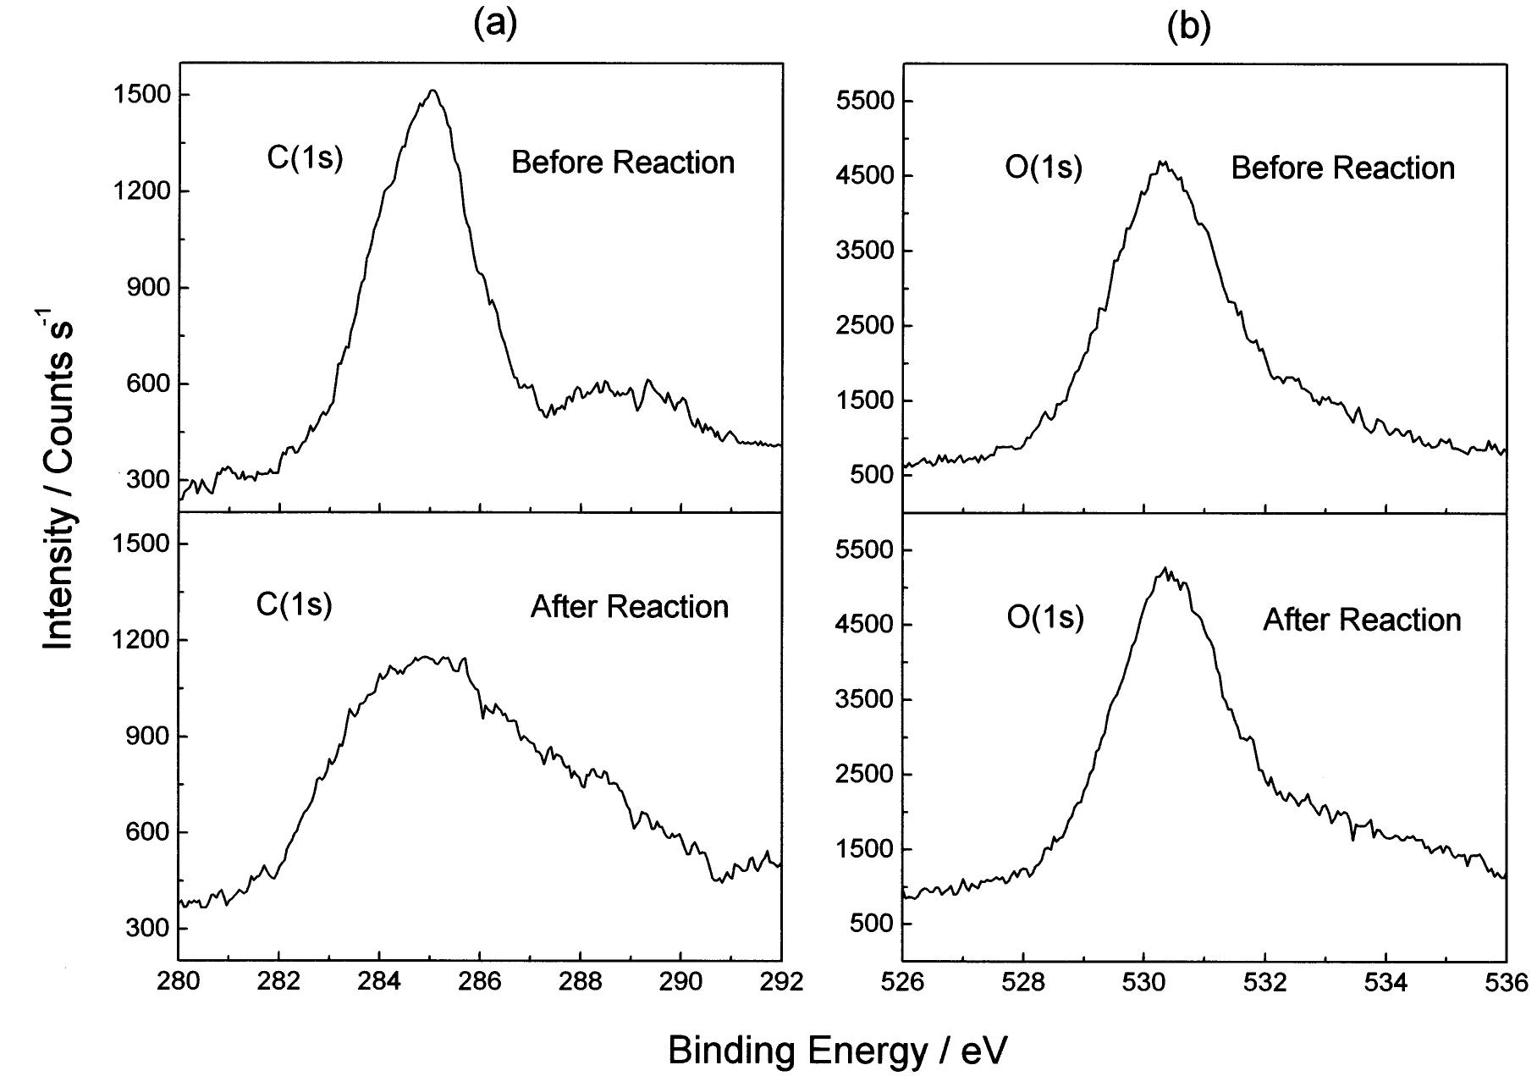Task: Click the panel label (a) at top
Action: click(x=494, y=25)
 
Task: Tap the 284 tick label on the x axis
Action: click(x=379, y=982)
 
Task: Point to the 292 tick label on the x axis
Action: click(x=780, y=982)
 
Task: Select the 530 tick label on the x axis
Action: click(x=1143, y=982)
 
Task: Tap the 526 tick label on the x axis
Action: click(x=902, y=982)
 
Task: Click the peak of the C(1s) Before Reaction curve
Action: click(x=433, y=91)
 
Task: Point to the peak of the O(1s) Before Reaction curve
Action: click(x=1162, y=162)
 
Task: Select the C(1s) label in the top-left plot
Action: click(x=305, y=159)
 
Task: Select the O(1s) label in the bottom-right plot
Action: click(x=1045, y=618)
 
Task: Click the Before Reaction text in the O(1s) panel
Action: click(x=1342, y=168)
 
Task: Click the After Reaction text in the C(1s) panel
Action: click(x=629, y=606)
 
